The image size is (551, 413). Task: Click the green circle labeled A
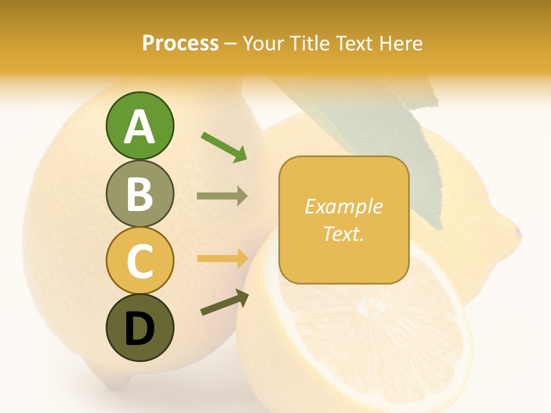coord(139,126)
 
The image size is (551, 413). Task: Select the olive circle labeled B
coord(139,193)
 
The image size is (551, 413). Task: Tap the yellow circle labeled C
coord(139,260)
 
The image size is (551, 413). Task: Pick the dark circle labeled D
coord(139,328)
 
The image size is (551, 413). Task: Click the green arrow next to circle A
coord(224,147)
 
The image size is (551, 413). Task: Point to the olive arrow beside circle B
coord(222,196)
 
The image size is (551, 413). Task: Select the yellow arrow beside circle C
coord(222,258)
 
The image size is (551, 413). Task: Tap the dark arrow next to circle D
coord(224,302)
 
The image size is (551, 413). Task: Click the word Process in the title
coord(180,43)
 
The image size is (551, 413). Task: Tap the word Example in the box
coord(344,206)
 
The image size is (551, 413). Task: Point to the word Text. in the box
coord(344,233)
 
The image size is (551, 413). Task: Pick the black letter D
coord(139,329)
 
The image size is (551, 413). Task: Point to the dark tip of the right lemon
coord(518,233)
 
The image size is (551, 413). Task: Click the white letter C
coord(139,261)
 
